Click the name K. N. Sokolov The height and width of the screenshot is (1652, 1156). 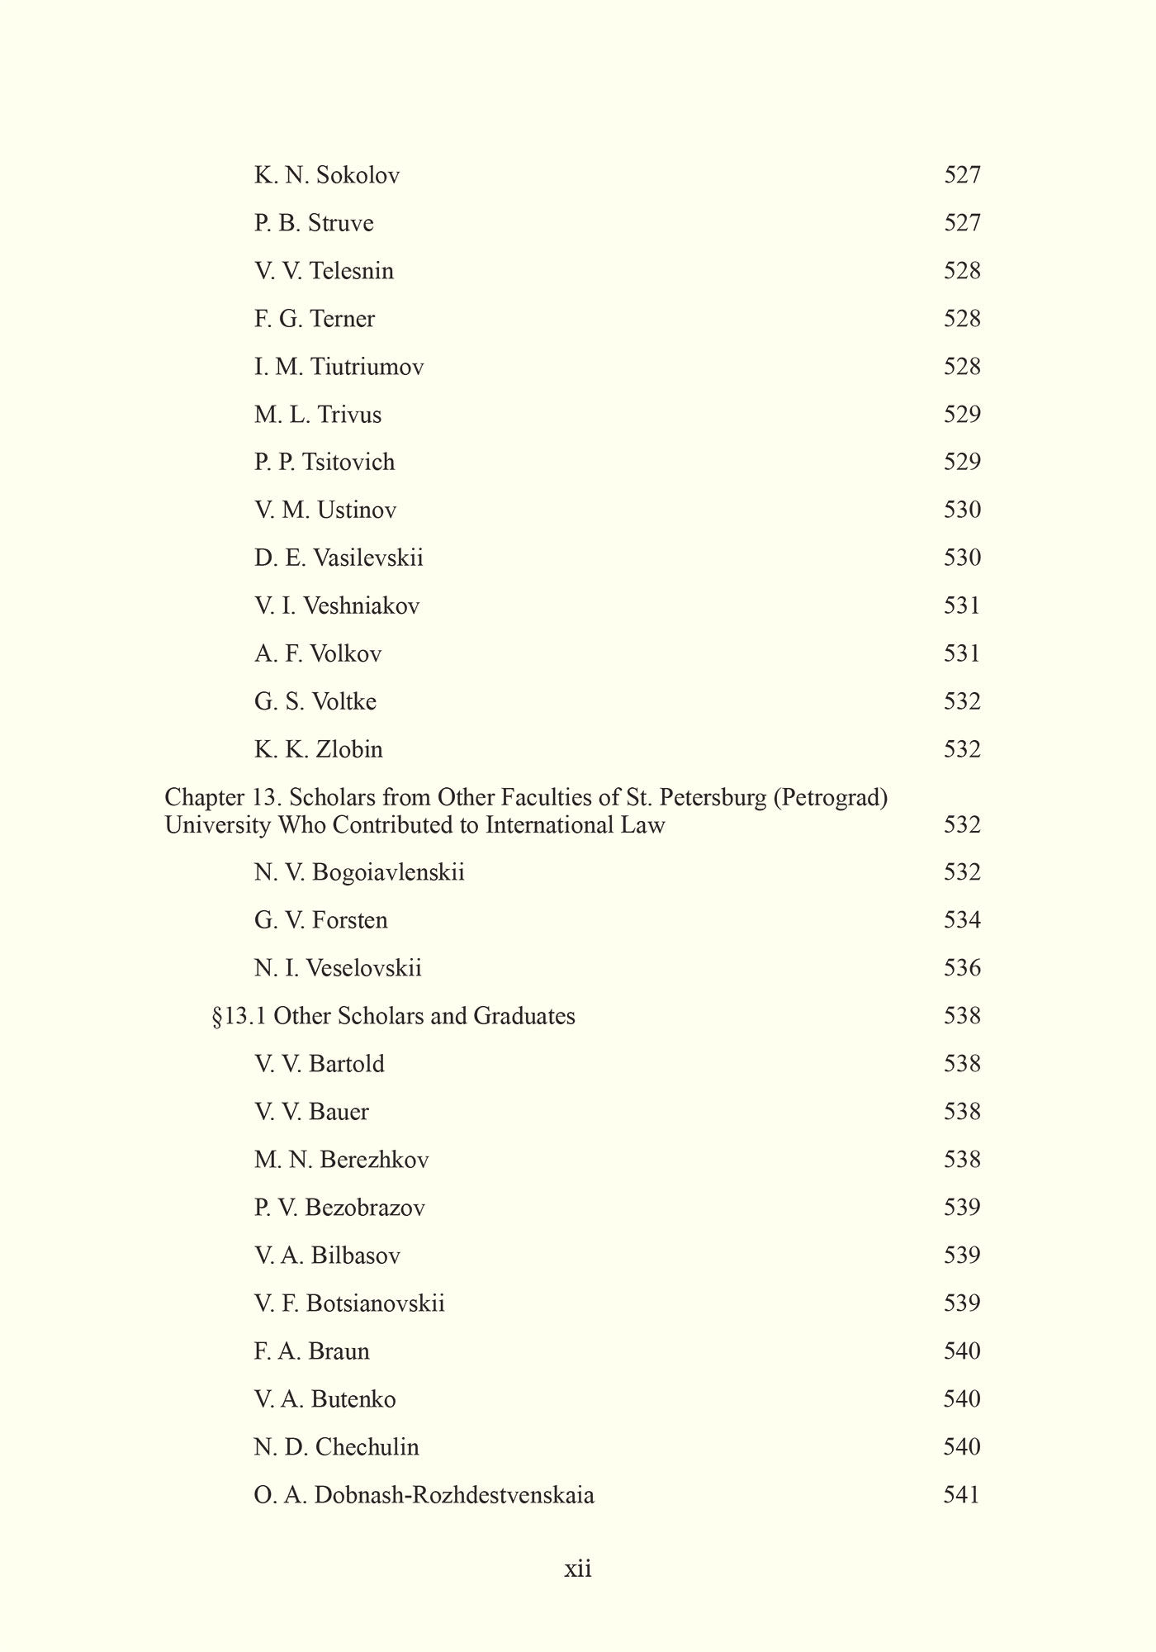point(327,175)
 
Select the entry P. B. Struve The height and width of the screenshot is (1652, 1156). point(314,223)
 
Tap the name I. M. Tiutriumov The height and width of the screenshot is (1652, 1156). point(339,367)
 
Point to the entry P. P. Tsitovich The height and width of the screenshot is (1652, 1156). point(325,462)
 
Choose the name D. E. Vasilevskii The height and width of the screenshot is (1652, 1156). point(339,558)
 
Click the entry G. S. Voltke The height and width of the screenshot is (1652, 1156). point(315,701)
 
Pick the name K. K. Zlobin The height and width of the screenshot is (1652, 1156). point(319,749)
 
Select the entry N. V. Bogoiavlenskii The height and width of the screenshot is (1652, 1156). point(359,872)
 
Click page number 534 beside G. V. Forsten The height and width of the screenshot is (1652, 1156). point(962,920)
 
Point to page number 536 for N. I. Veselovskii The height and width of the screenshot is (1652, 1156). point(962,968)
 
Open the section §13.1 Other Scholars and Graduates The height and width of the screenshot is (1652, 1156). point(394,1016)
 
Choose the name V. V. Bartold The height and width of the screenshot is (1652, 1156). point(320,1064)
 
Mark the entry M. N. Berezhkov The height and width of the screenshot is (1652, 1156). point(342,1160)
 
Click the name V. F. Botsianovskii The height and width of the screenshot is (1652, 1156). point(349,1303)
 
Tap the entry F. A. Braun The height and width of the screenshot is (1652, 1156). point(312,1351)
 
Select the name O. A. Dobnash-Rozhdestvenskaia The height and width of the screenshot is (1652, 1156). point(424,1495)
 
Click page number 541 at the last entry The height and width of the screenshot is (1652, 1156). point(962,1495)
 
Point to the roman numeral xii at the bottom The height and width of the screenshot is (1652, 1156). point(578,1569)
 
